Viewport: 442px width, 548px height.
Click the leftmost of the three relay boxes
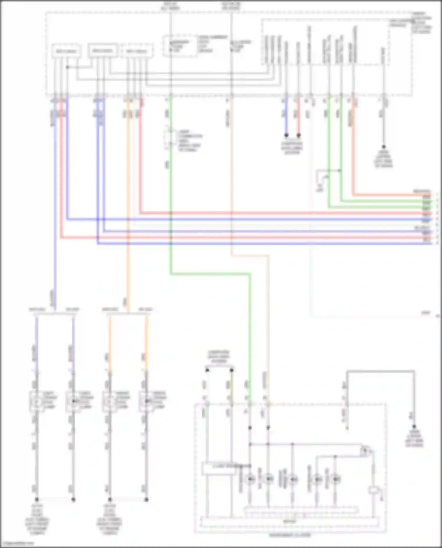pos(66,51)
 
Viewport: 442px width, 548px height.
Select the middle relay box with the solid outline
pos(103,51)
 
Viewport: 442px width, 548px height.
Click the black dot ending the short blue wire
pos(286,135)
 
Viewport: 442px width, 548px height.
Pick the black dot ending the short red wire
pos(298,135)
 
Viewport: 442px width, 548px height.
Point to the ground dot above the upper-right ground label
pos(383,146)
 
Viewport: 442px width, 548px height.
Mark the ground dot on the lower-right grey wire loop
pos(414,426)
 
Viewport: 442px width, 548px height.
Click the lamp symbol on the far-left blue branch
pos(37,401)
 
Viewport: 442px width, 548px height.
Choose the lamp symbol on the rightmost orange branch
pos(146,401)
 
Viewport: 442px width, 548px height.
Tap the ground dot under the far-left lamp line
pos(37,499)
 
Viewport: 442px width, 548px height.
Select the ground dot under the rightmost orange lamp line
pos(146,499)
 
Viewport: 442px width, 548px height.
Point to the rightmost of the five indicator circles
pos(335,479)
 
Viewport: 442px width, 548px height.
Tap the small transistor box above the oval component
pos(365,451)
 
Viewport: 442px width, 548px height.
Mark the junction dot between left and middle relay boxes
pos(67,67)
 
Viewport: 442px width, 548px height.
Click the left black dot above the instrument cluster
pos(207,370)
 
